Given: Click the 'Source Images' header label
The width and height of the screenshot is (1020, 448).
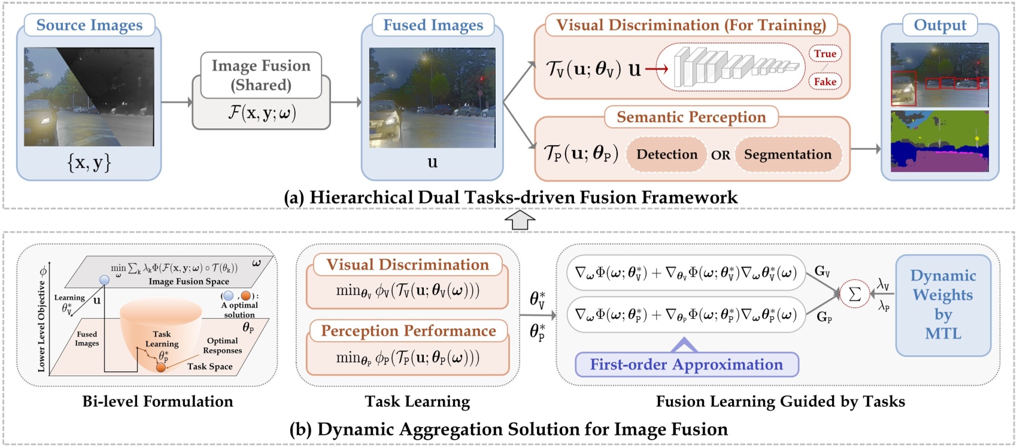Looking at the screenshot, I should coord(89,25).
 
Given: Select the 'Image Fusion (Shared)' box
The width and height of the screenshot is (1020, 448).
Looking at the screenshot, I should coord(261,75).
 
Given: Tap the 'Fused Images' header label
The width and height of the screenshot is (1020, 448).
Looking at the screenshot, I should coord(433,25).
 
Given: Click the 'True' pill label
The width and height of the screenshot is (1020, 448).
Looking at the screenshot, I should coord(825,53).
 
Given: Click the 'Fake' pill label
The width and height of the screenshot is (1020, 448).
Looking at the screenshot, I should coord(825,81).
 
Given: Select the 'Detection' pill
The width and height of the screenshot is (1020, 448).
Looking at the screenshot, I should coord(666,155).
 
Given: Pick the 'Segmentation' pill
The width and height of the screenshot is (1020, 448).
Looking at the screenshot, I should coord(787,155).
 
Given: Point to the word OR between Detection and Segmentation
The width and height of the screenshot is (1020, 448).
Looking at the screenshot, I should coord(720,155).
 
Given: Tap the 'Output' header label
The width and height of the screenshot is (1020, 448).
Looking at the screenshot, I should coord(939,25).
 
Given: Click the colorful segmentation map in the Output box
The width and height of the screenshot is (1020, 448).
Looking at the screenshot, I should coord(939,141).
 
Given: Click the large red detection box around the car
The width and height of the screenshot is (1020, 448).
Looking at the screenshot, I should coord(903,89).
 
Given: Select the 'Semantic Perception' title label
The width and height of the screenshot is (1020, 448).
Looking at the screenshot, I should coord(691,117).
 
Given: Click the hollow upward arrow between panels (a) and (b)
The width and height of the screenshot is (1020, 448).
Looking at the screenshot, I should coord(520,220).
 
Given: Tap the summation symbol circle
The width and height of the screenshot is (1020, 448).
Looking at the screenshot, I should coord(854,293).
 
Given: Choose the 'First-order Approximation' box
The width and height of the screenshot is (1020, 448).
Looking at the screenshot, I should coord(686,365).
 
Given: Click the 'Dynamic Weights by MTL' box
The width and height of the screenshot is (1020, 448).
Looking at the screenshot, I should coord(943,305).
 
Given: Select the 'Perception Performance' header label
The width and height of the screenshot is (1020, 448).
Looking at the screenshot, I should coord(408,331).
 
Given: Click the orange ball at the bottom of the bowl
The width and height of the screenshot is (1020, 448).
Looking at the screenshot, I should coord(161,367).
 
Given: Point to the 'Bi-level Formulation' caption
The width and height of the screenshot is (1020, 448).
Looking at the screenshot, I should coord(157,401).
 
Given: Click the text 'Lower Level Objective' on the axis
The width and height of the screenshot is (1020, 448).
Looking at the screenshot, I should coord(41,326).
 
